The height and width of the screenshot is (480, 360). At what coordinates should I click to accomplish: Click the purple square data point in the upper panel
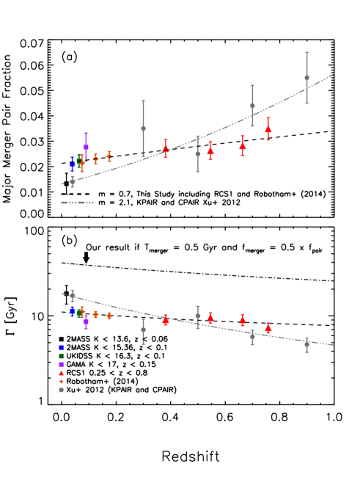[86, 147]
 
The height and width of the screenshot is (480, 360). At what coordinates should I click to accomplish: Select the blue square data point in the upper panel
[73, 164]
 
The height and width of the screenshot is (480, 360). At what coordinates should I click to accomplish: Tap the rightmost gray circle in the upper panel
[306, 78]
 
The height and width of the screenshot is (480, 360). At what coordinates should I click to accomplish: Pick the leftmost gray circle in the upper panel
[73, 181]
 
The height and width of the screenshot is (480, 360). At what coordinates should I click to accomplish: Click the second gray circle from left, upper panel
[143, 128]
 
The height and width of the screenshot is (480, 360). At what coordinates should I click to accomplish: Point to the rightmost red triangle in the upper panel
[268, 128]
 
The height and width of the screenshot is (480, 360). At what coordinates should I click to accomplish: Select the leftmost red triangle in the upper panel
[166, 148]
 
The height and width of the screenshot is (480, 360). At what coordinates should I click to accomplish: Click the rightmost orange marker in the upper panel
[109, 156]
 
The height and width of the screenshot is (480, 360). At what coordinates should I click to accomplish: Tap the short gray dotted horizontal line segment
[77, 202]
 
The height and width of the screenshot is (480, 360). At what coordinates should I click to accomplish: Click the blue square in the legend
[62, 347]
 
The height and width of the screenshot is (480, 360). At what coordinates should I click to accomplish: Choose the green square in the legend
[62, 356]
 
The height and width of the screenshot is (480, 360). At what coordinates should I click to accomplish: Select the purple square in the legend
[62, 365]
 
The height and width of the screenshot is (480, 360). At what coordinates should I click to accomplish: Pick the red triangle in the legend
[62, 373]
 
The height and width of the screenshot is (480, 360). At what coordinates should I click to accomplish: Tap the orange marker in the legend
[62, 381]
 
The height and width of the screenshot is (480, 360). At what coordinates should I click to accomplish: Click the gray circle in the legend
[62, 390]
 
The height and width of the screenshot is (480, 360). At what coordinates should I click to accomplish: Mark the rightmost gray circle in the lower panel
[306, 343]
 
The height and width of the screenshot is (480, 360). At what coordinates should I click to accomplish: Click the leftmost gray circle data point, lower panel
[73, 295]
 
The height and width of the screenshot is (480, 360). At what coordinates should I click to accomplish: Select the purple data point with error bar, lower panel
[86, 321]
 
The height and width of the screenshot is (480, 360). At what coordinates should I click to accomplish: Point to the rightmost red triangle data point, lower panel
[268, 327]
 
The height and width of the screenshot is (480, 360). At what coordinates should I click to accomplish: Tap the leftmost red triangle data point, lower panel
[166, 320]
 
